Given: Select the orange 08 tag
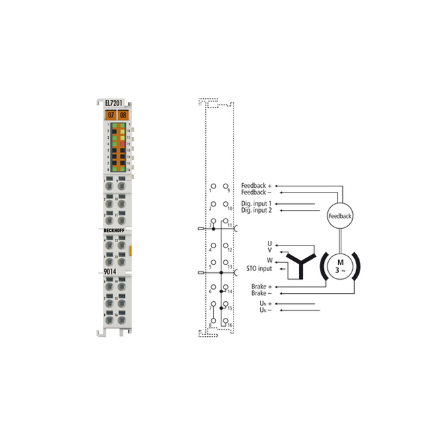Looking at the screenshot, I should (122, 115).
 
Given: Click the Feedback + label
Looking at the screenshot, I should (256, 185).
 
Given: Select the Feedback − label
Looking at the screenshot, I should (256, 193).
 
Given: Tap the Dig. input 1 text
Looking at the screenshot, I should (256, 203).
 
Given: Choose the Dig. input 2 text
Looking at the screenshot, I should (256, 211).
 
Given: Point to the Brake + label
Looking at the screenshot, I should (262, 286).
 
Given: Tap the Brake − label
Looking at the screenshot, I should (262, 294).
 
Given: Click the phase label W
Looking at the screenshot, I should (269, 260).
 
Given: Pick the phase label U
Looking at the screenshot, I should (269, 243).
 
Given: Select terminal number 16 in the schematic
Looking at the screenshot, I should (229, 325).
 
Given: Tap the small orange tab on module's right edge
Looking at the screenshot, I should (131, 251).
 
